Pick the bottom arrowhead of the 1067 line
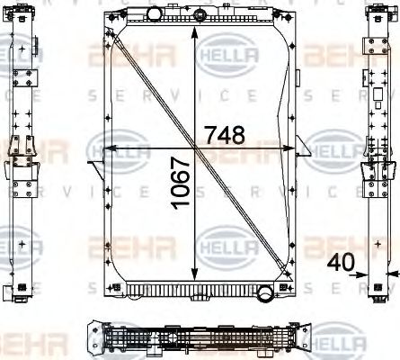(196, 276)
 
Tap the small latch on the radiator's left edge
(93, 163)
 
